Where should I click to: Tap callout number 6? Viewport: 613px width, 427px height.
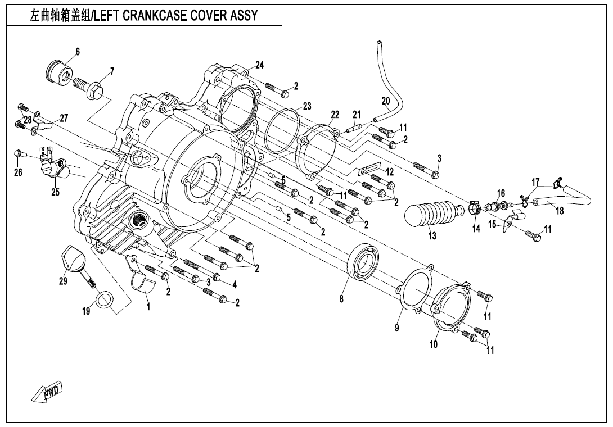[x=78, y=52]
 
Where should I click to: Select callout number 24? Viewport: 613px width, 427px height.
[x=259, y=64]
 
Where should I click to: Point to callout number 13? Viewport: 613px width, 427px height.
[x=432, y=236]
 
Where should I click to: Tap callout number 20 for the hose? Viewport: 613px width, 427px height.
[x=386, y=101]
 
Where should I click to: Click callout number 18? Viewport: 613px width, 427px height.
[x=560, y=211]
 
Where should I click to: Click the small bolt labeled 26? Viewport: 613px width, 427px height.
[x=19, y=153]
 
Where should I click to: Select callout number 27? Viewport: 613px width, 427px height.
[x=64, y=118]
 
